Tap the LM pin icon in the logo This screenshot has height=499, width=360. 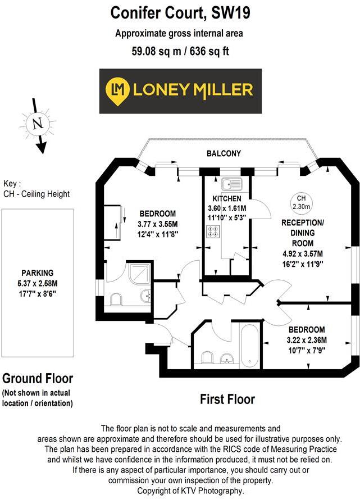tap(117, 90)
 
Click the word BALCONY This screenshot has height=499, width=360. tap(224, 153)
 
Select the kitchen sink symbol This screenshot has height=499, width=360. tap(231, 184)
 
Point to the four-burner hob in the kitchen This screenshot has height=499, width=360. tap(213, 230)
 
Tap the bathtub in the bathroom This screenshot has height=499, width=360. tap(249, 343)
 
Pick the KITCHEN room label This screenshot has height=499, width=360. tap(227, 199)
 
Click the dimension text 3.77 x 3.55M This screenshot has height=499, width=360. tap(157, 224)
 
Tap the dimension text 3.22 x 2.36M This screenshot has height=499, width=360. tap(307, 340)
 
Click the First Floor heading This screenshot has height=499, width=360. tap(227, 400)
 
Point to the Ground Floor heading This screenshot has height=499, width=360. tap(38, 378)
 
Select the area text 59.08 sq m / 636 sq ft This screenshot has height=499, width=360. tap(180, 51)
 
